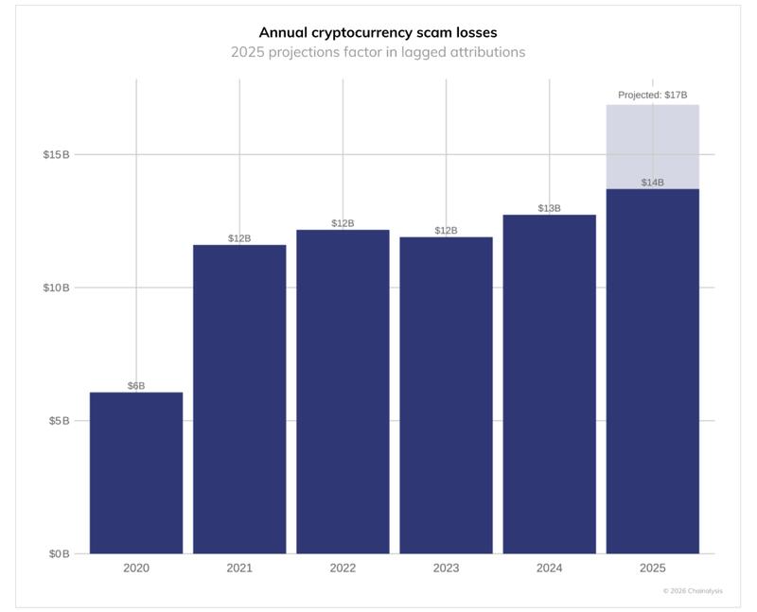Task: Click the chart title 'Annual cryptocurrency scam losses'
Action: pos(378,32)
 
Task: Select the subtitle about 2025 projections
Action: pos(378,52)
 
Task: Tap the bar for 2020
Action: pos(136,473)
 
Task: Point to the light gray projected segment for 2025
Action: pos(652,147)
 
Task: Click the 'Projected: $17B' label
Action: pos(652,96)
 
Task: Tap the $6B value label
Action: pos(136,386)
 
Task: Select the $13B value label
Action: pos(549,208)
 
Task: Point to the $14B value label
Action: pos(652,183)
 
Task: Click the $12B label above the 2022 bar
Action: pos(343,223)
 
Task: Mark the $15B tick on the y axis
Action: pos(56,154)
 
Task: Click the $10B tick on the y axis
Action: pos(56,288)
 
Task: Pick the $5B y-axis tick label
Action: pos(59,421)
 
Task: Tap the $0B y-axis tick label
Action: pos(59,553)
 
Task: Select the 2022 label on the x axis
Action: pos(343,568)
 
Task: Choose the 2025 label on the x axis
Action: pos(652,568)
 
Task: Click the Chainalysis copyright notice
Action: pos(693,591)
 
